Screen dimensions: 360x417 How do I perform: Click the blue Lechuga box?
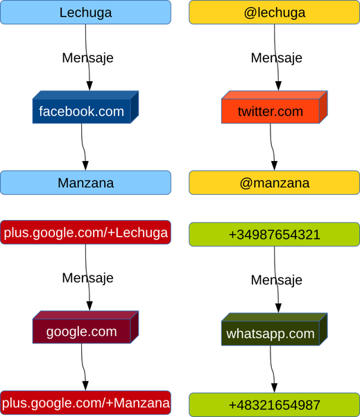[85, 12]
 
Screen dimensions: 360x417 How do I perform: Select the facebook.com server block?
[85, 107]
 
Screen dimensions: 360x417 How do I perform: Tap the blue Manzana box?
[85, 182]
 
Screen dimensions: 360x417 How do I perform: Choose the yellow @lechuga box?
[275, 12]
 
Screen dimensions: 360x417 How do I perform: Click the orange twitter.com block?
[274, 107]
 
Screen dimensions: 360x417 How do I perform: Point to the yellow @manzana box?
[275, 182]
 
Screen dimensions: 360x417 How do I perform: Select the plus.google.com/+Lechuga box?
[85, 232]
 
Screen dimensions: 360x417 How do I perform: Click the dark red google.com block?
[85, 327]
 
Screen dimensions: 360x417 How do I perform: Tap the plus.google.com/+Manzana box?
[85, 402]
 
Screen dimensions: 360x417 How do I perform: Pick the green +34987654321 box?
[275, 235]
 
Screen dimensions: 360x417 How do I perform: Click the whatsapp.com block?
[274, 330]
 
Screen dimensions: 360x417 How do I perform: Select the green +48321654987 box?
[275, 405]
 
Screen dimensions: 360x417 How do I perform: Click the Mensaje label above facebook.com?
[87, 58]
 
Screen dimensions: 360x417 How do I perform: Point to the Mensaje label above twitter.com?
[277, 58]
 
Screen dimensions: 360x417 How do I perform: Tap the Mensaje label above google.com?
[87, 278]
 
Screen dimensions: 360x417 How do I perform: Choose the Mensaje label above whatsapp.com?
[277, 280]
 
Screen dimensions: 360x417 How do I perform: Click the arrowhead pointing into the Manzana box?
[85, 166]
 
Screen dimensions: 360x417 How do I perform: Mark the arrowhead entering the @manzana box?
[274, 166]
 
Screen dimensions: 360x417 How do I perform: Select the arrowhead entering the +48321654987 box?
[274, 388]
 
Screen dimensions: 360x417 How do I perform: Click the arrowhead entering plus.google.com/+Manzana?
[85, 386]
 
